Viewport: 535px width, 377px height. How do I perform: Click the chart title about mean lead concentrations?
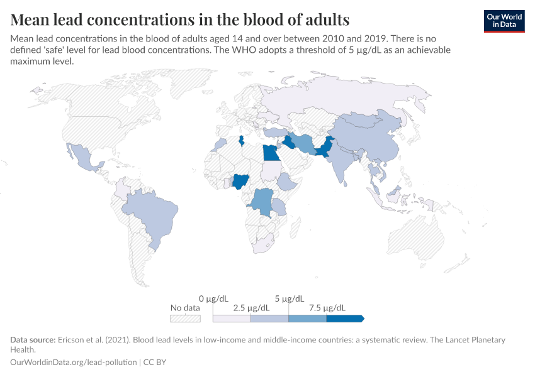180,18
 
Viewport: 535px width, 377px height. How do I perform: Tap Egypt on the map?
271,153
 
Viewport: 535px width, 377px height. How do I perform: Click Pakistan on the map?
324,151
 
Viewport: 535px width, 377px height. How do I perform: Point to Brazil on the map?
154,214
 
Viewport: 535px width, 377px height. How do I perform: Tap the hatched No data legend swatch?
185,319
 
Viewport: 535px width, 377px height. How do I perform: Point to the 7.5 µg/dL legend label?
327,308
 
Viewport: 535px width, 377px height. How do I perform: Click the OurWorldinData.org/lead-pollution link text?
75,363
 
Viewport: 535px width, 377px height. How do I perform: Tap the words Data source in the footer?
31,340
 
